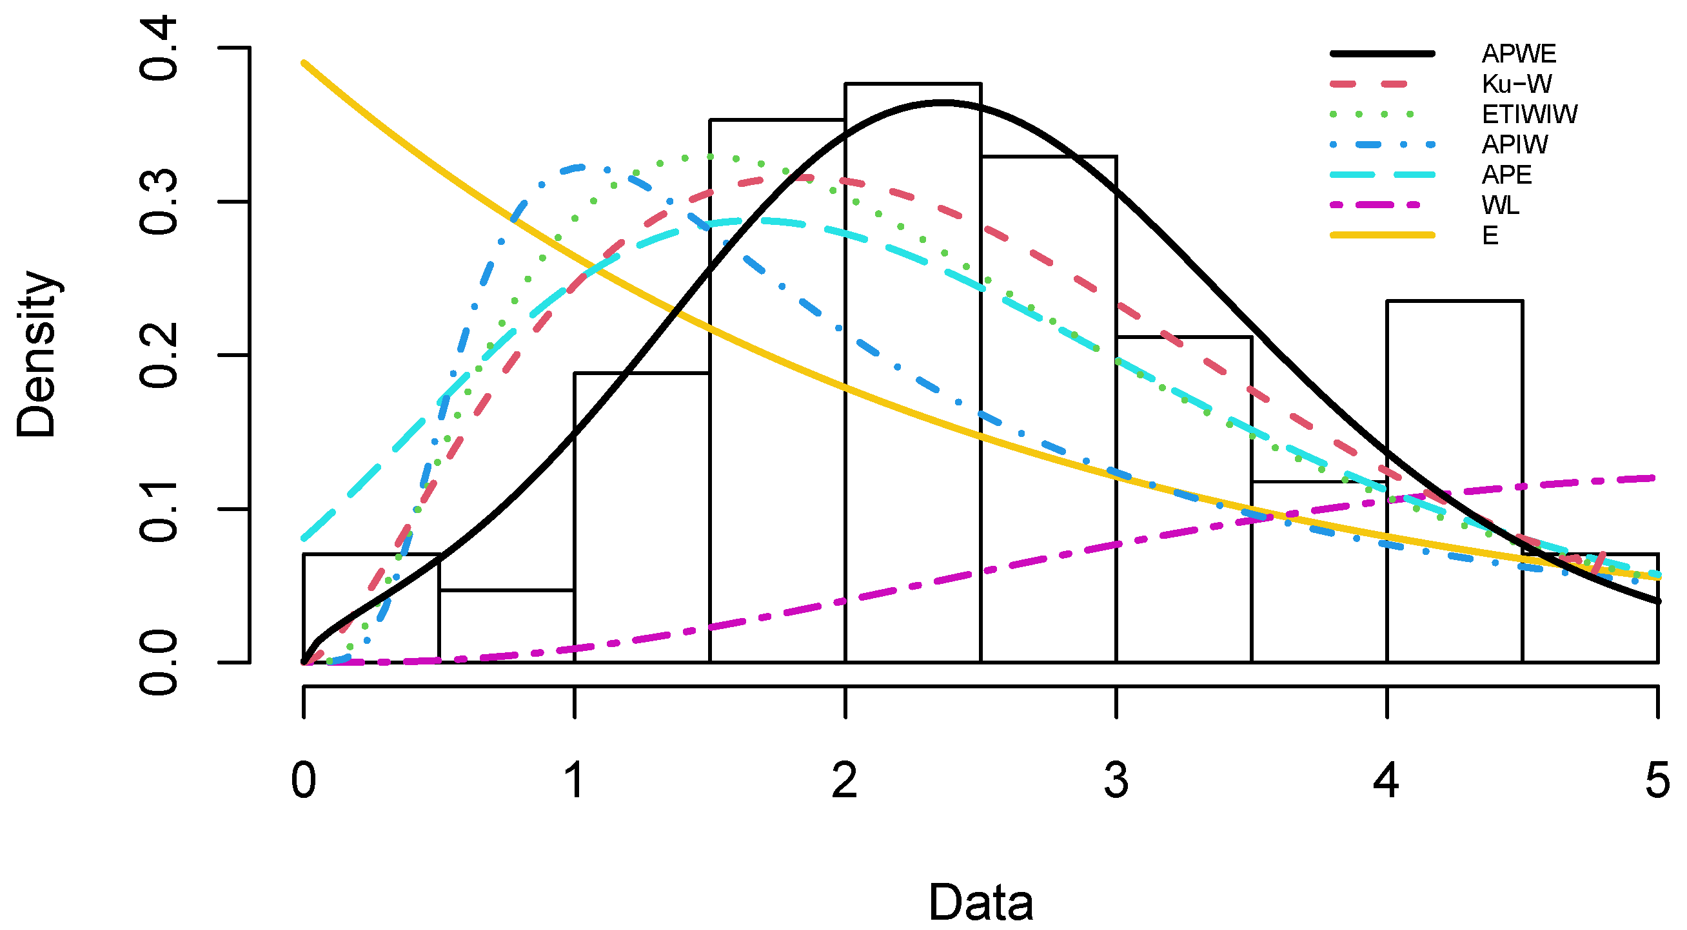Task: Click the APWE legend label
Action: [1518, 53]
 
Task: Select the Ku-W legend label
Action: [1516, 84]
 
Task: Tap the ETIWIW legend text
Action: [1529, 115]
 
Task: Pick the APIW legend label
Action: [1515, 144]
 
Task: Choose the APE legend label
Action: [1507, 175]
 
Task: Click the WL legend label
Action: [1501, 206]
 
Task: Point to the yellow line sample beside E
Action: [1382, 235]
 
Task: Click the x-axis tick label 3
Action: [1116, 780]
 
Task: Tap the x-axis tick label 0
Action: [304, 780]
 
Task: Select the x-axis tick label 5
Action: [1657, 780]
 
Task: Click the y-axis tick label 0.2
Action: [159, 355]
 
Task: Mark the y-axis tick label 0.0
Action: [159, 663]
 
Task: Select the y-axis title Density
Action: [37, 353]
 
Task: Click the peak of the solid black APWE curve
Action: [941, 102]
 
